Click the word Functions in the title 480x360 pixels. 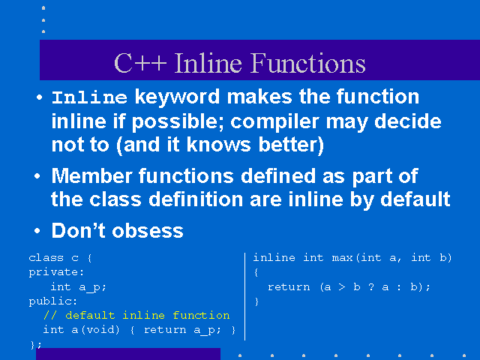(x=308, y=63)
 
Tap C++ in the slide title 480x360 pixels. (x=140, y=63)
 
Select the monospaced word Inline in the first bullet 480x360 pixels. (x=89, y=97)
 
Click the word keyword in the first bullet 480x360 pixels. (x=177, y=97)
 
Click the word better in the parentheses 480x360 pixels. (x=291, y=145)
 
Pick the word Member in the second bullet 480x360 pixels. (x=91, y=176)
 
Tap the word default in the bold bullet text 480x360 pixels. (x=415, y=199)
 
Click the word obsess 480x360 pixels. (x=148, y=231)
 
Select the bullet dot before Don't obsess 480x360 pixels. (x=37, y=230)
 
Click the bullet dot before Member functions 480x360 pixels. (x=37, y=176)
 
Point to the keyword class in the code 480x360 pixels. (x=46, y=258)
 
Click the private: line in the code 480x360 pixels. (x=56, y=272)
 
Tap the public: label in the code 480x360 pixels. (x=53, y=301)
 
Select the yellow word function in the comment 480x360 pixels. (x=201, y=315)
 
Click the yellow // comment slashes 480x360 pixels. (x=50, y=315)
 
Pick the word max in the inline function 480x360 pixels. (x=342, y=258)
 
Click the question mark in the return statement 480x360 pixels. (x=371, y=286)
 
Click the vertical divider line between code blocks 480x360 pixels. (x=245, y=296)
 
